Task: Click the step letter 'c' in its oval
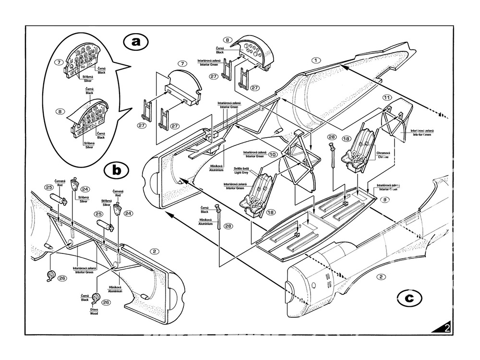pyautogui.click(x=408, y=298)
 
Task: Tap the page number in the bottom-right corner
pyautogui.click(x=447, y=329)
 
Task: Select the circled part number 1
pyautogui.click(x=315, y=60)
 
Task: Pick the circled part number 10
pyautogui.click(x=273, y=155)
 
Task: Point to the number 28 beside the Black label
pyautogui.click(x=228, y=226)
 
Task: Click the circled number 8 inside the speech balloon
pyautogui.click(x=60, y=111)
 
